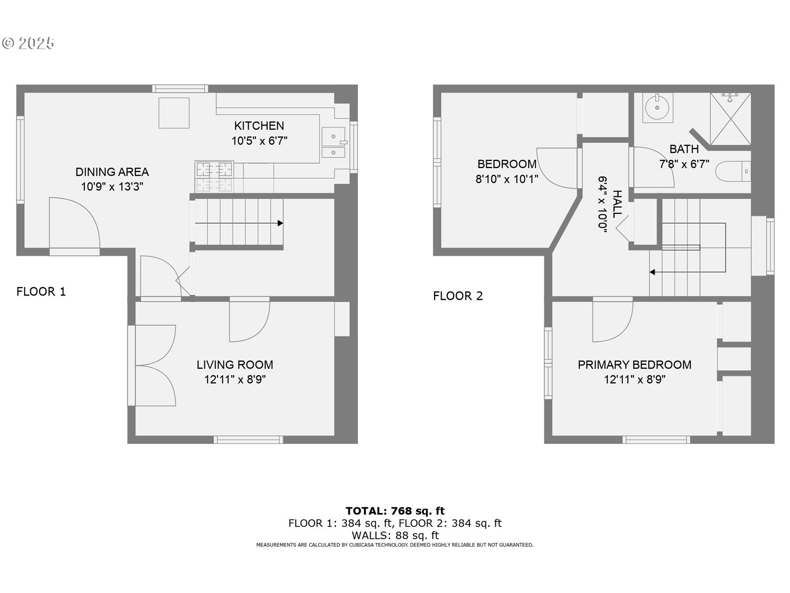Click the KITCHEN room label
coord(259,126)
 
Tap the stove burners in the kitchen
coord(214,176)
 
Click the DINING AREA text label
coord(112,172)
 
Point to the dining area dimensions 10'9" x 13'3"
coord(112,187)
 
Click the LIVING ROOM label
coord(235,364)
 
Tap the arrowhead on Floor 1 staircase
coord(280,223)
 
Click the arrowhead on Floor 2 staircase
coord(652,272)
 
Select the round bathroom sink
coord(657,108)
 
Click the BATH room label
coord(684,149)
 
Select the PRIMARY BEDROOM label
coord(634,364)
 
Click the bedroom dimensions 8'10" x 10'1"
coord(507,179)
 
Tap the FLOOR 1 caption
coord(41,292)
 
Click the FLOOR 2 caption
coord(458,296)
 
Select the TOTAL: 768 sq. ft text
coord(395,511)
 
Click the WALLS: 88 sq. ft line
coord(395,535)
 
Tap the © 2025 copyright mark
coord(28,43)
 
